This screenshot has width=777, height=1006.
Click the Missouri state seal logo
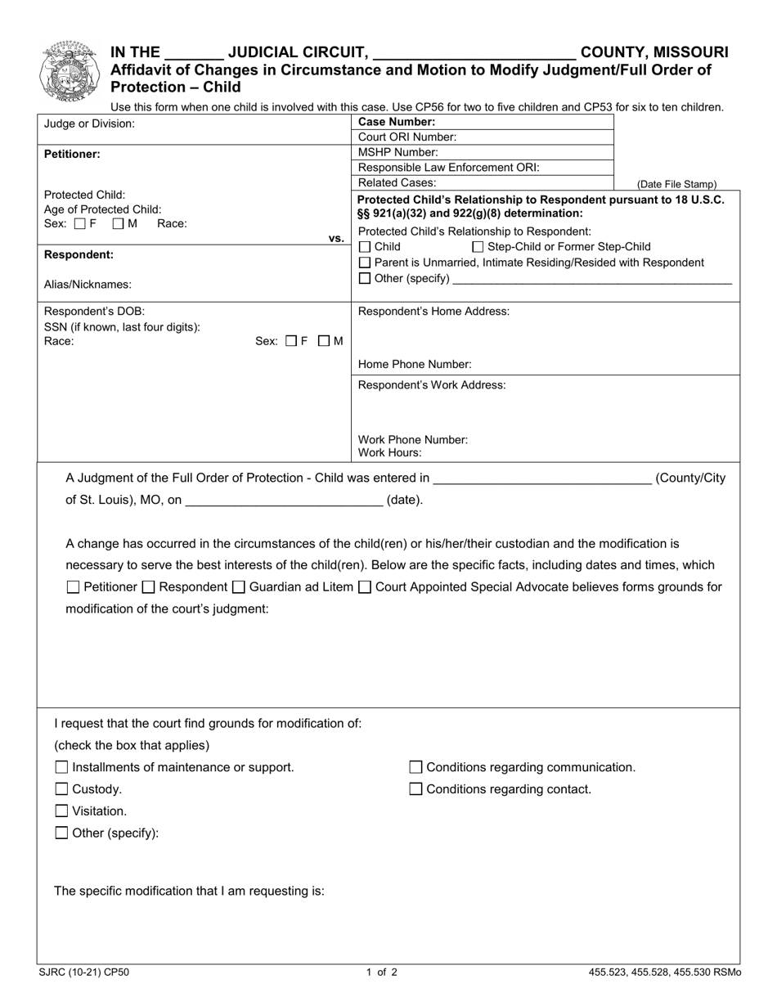[70, 71]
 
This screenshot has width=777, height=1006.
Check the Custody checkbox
[61, 789]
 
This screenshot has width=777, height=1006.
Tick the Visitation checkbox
[61, 811]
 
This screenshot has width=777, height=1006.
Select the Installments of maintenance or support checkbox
[61, 767]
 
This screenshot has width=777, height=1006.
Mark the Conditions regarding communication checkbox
[415, 767]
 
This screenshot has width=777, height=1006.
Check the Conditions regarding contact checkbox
[415, 789]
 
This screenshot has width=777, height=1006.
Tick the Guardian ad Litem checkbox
[239, 587]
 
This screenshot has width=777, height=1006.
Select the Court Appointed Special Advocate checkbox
[365, 587]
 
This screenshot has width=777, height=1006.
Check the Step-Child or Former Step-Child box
[478, 247]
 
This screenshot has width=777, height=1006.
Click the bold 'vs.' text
[336, 238]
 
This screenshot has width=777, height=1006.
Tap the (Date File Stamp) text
[676, 185]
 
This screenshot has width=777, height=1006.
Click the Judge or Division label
[89, 124]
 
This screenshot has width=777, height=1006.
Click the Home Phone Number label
[415, 365]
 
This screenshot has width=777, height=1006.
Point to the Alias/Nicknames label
[88, 285]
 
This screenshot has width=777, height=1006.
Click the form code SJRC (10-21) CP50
[83, 973]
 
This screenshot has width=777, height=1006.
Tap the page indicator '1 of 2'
[382, 973]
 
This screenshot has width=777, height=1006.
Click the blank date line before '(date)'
[284, 500]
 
